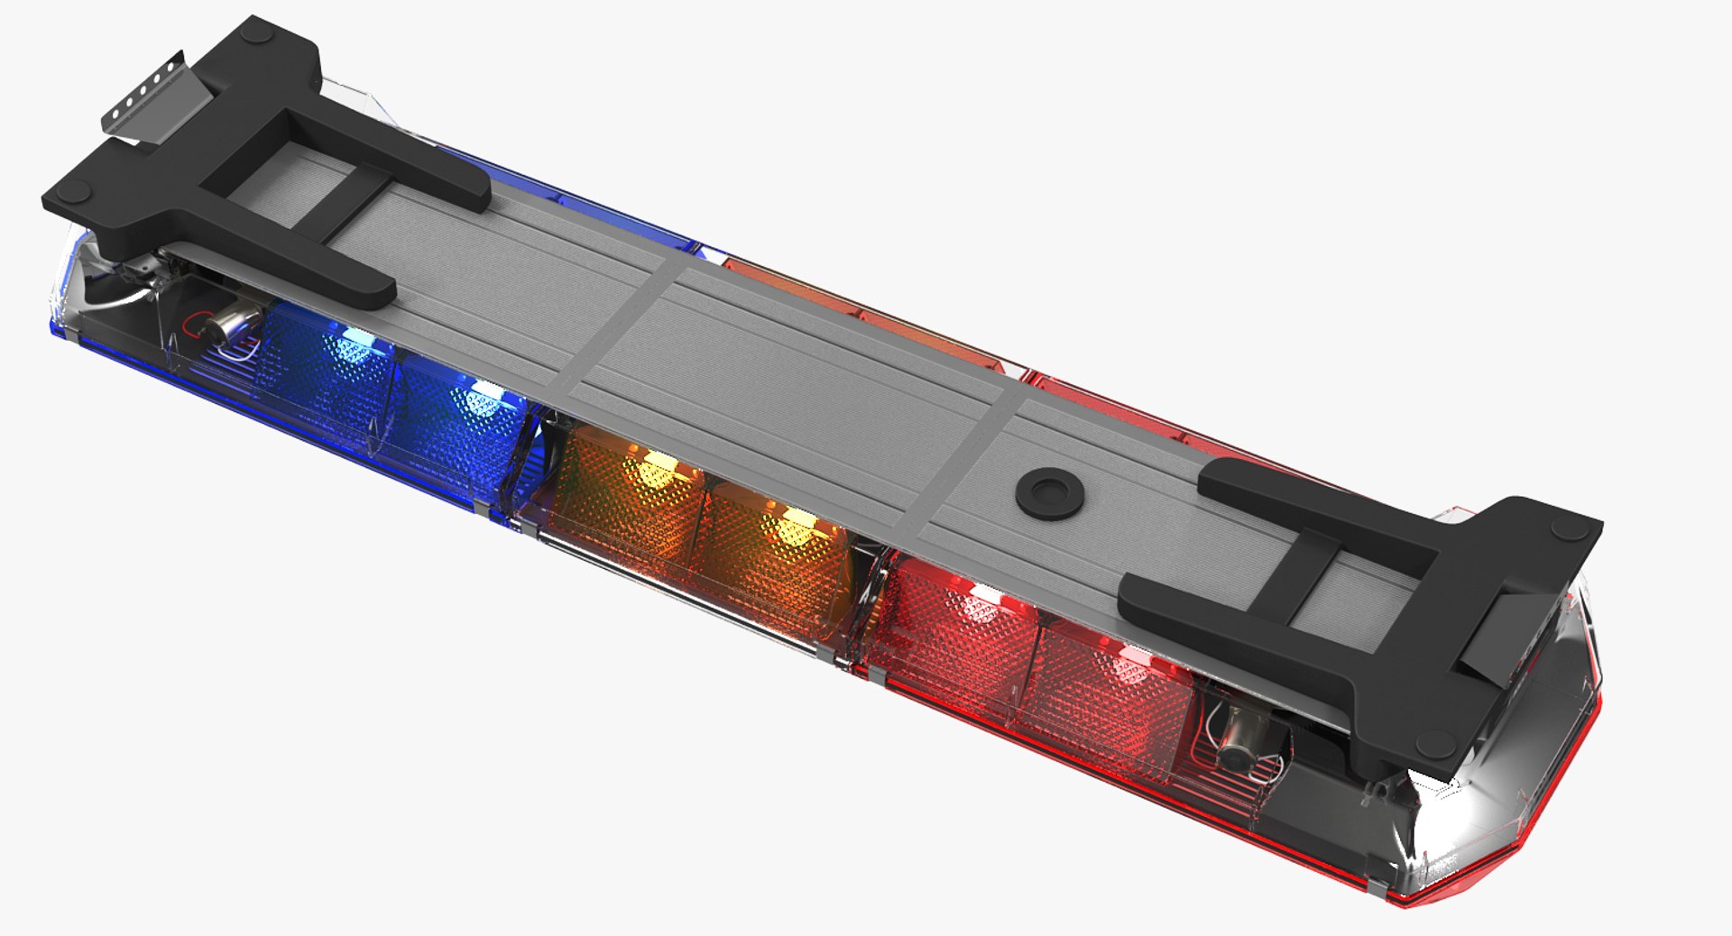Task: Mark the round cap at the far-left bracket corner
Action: point(74,192)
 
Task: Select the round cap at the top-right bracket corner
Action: point(1570,529)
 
